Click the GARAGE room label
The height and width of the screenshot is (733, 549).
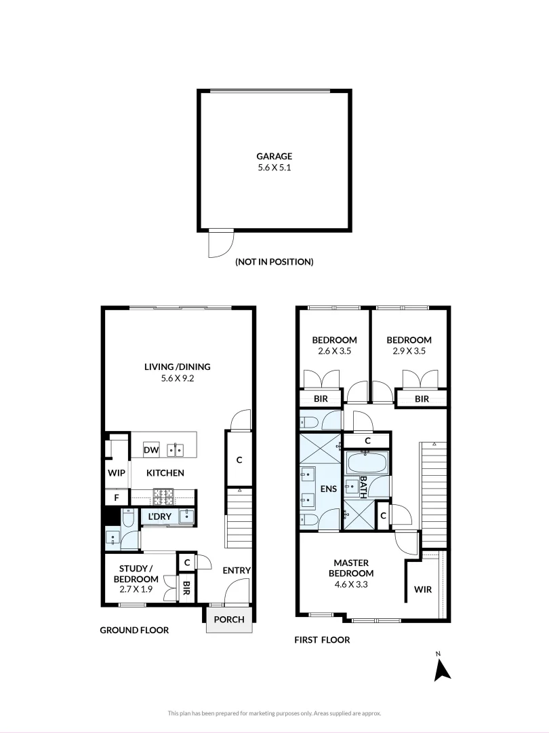(x=274, y=155)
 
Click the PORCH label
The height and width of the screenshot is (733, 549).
(x=229, y=620)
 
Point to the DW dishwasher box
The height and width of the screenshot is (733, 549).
(x=150, y=449)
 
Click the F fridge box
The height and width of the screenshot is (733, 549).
(x=117, y=497)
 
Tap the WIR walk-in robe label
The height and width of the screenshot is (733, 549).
(x=422, y=589)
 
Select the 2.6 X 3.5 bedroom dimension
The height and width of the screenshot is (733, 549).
(x=334, y=352)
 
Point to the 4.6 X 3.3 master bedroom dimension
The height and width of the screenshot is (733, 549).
(x=351, y=584)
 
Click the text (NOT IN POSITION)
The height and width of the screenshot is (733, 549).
(x=274, y=261)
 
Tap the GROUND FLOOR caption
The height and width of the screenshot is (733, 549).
(x=134, y=630)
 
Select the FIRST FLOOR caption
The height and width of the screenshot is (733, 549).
(x=322, y=639)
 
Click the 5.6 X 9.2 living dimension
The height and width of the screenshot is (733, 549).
(x=177, y=379)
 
